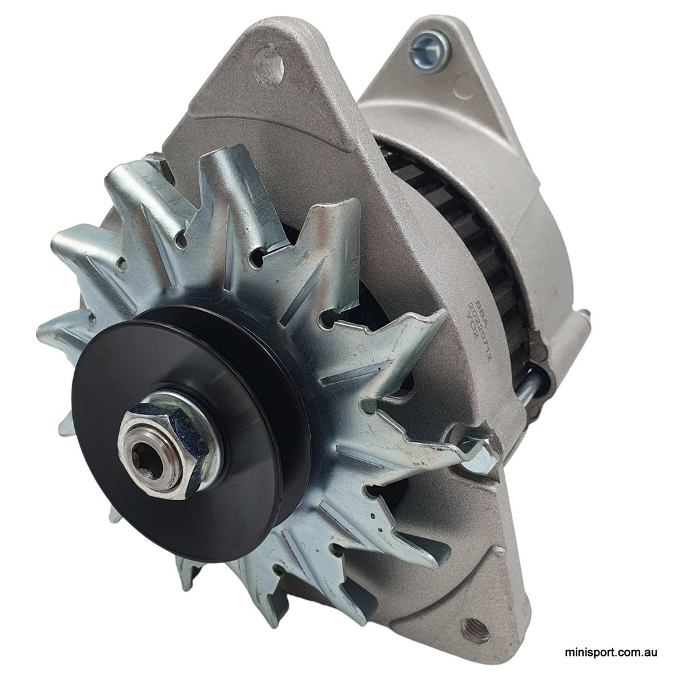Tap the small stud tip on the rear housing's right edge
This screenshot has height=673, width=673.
(584, 317)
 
